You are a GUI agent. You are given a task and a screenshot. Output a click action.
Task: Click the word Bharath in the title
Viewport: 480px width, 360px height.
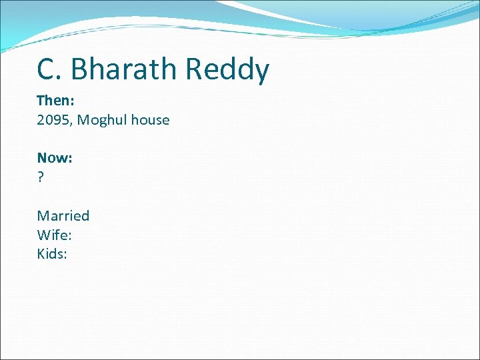coord(125,69)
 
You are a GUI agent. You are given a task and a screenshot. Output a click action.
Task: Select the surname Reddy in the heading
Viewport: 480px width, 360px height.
coord(227,69)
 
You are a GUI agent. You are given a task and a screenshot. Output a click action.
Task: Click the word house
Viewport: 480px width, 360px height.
coord(150,120)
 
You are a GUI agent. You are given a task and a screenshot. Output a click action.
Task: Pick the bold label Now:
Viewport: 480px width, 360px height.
coord(55,158)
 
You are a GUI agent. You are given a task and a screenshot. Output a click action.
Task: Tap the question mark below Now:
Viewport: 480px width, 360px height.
coord(41,177)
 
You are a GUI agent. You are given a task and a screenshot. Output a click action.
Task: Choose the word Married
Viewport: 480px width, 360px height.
coord(63,215)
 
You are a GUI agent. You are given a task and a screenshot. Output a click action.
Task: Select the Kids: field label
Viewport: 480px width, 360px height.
coord(52,253)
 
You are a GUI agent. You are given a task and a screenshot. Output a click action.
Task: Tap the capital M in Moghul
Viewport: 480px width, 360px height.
coord(83,120)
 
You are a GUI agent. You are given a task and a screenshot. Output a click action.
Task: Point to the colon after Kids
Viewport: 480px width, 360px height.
coord(65,255)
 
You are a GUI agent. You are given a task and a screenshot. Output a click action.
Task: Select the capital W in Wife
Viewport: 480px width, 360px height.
coord(43,235)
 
